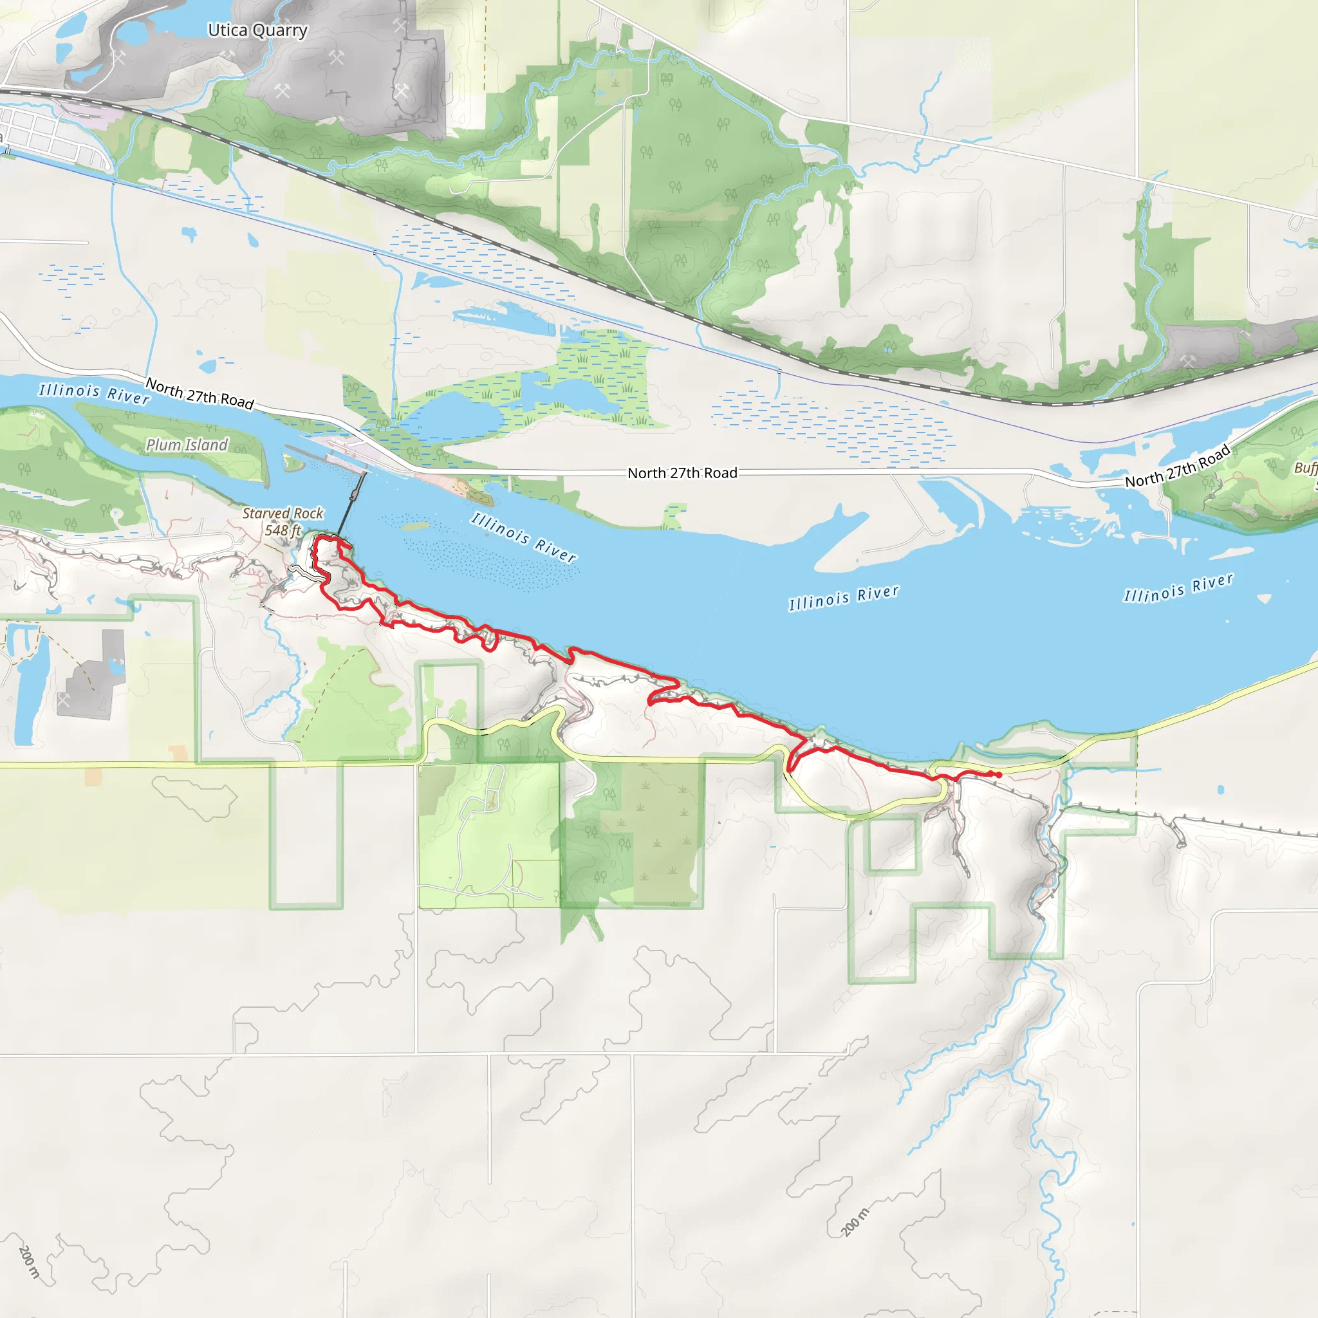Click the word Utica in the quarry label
[227, 30]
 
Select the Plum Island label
[187, 445]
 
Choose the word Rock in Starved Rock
[308, 513]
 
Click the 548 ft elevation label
[283, 530]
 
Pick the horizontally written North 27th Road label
[682, 473]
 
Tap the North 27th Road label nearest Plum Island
[200, 394]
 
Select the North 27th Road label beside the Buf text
[1178, 466]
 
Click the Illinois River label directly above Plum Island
[94, 393]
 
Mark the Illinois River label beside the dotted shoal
[524, 537]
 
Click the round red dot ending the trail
[999, 775]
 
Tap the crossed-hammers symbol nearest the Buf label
[1188, 360]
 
